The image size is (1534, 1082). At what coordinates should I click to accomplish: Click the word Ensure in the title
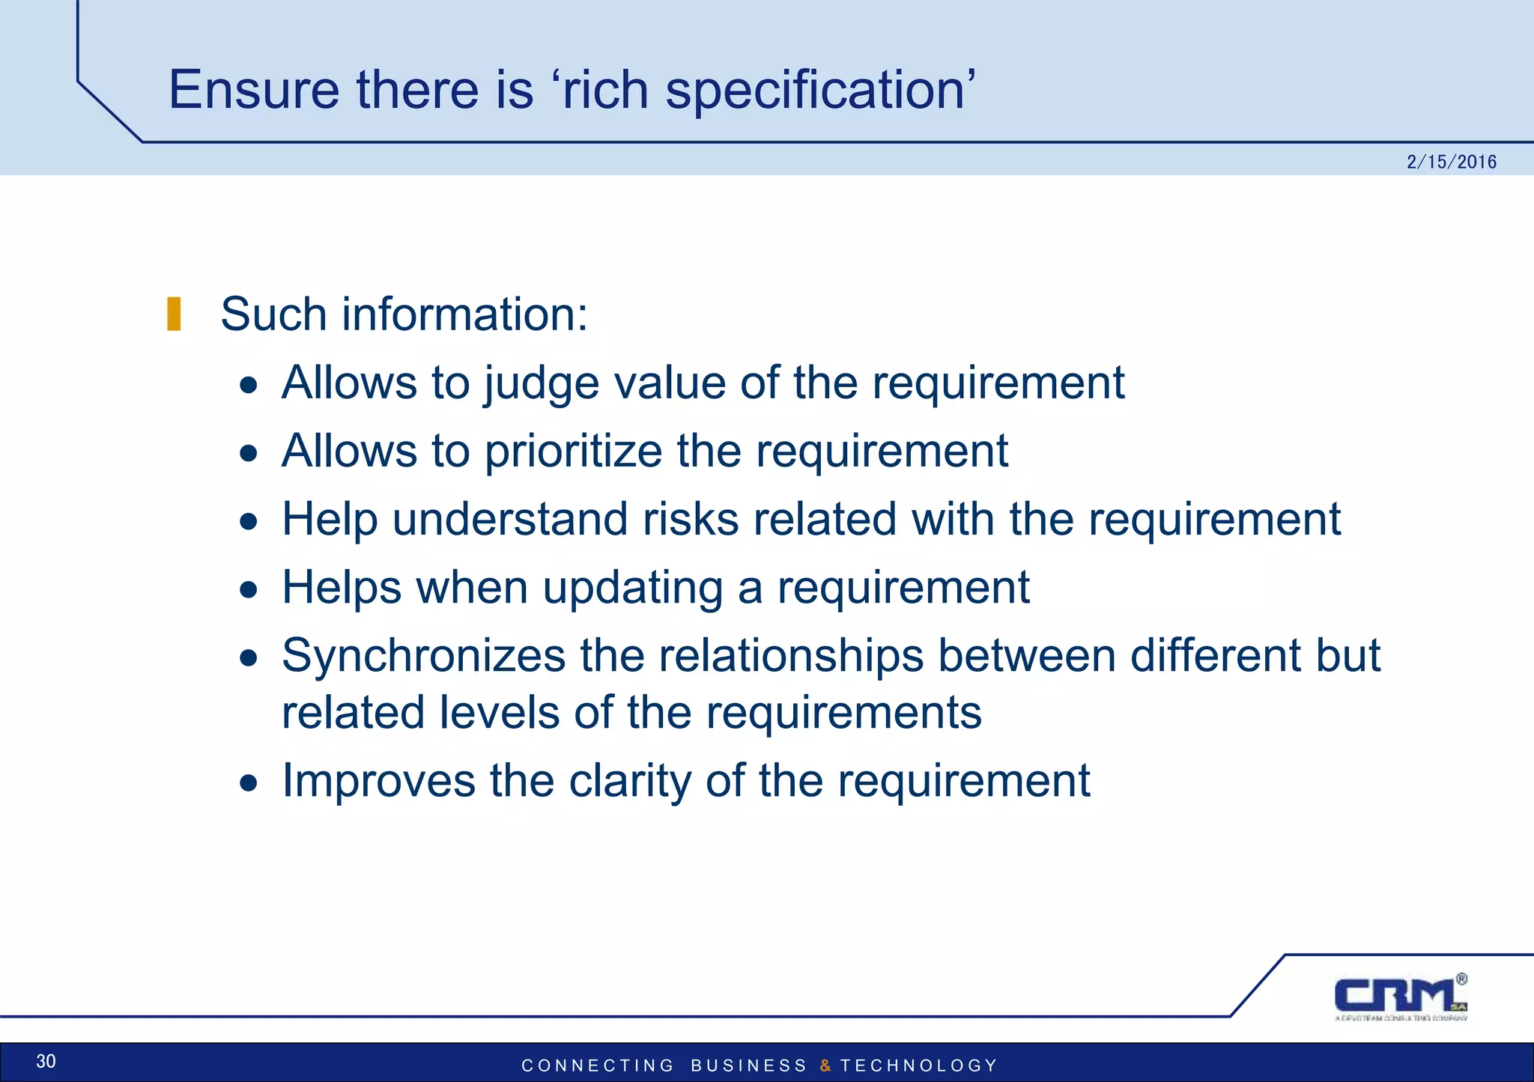(254, 90)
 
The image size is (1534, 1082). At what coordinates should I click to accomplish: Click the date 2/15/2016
(1451, 162)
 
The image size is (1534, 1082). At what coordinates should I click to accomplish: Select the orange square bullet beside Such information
(174, 314)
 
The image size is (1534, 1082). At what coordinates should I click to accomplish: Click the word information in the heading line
(465, 314)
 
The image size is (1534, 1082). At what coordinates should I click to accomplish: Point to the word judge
(541, 383)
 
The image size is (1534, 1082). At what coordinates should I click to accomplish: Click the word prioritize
(573, 452)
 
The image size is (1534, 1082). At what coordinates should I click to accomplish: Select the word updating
(633, 588)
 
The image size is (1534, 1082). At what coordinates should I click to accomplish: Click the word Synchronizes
(423, 656)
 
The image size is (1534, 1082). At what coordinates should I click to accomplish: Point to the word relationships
(791, 656)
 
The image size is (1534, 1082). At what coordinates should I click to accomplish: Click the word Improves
(378, 781)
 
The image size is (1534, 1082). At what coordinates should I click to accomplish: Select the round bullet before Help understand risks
(249, 521)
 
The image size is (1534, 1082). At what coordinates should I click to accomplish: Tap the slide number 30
(46, 1061)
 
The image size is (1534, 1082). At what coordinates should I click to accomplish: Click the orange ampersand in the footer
(825, 1066)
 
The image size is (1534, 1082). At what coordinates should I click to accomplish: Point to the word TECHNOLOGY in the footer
(919, 1066)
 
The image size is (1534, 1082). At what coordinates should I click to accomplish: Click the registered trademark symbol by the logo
(1461, 979)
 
